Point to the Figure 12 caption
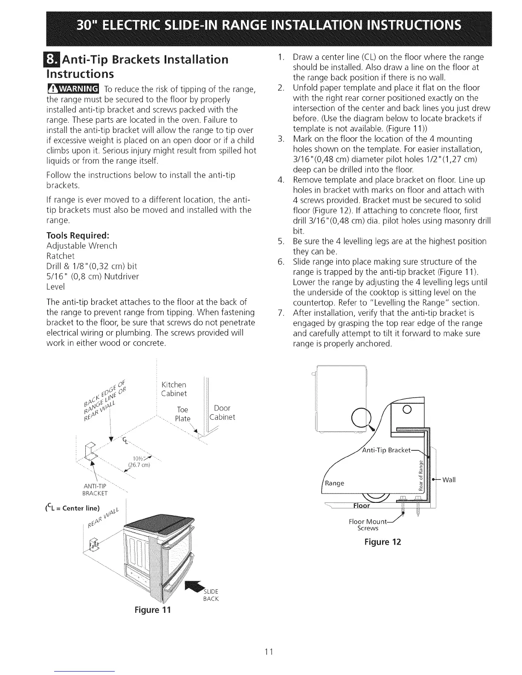[383, 542]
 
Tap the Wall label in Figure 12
[449, 480]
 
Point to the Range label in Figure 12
[334, 483]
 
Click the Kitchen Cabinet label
[174, 389]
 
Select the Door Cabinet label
[222, 412]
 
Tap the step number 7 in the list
[280, 313]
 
